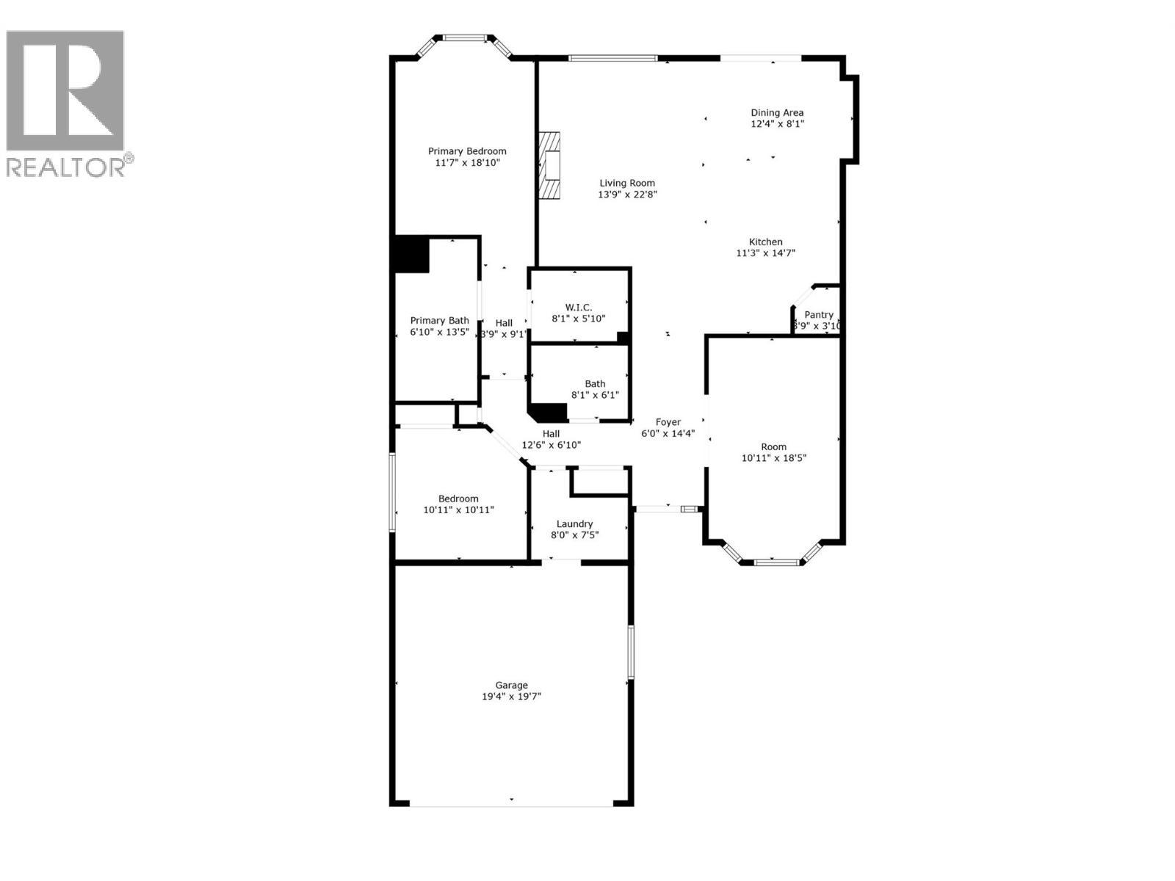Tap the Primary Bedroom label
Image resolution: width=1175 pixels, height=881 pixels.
pyautogui.click(x=467, y=151)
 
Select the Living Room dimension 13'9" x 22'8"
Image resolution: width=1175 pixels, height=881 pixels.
pyautogui.click(x=627, y=195)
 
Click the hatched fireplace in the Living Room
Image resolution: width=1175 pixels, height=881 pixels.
pyautogui.click(x=549, y=165)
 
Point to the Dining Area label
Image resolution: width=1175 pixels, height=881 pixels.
pyautogui.click(x=777, y=112)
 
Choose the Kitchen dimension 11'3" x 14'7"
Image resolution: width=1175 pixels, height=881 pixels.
pyautogui.click(x=766, y=253)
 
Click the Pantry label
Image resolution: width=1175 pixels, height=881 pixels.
pyautogui.click(x=819, y=315)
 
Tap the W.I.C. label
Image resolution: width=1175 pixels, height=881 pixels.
pyautogui.click(x=579, y=307)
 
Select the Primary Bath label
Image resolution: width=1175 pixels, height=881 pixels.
pyautogui.click(x=439, y=320)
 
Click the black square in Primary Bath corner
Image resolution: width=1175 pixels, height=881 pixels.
pyautogui.click(x=412, y=255)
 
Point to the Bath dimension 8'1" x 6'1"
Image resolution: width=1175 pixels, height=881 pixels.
pyautogui.click(x=595, y=395)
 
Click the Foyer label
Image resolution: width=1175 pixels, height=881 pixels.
pyautogui.click(x=668, y=422)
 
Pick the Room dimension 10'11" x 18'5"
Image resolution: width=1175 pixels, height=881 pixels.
pyautogui.click(x=774, y=458)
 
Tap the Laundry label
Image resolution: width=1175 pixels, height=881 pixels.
pyautogui.click(x=574, y=523)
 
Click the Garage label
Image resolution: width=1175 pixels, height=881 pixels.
pyautogui.click(x=511, y=685)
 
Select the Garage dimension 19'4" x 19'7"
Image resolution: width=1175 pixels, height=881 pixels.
pyautogui.click(x=511, y=697)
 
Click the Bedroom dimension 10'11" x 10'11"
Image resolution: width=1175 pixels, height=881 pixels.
pyautogui.click(x=458, y=510)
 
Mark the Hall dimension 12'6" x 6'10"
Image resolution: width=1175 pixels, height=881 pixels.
pyautogui.click(x=551, y=445)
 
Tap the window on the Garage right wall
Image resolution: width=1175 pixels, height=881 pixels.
pyautogui.click(x=630, y=652)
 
